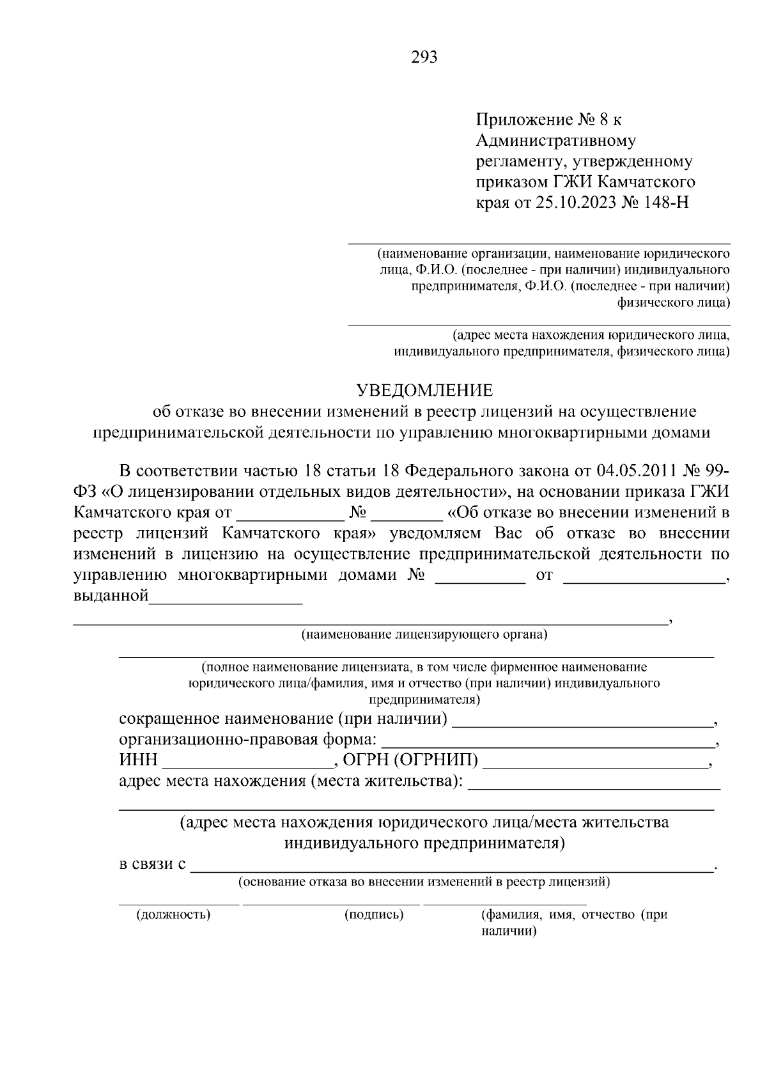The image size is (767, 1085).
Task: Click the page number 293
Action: pos(424,58)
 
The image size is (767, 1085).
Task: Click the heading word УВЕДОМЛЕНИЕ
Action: pos(424,390)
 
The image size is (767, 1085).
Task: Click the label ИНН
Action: pos(138,761)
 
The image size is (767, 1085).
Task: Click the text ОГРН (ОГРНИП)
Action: pos(410,761)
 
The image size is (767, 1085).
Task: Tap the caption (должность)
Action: pos(173,914)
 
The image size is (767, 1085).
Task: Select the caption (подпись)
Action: pos(374,914)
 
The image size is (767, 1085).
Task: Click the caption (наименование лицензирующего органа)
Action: pos(424,635)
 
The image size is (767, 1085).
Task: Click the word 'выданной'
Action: pos(111,597)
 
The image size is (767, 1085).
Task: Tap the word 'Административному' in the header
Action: pos(556,140)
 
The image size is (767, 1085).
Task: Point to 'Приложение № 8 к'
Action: pos(549,120)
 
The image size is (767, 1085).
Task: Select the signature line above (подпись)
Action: pos(331,904)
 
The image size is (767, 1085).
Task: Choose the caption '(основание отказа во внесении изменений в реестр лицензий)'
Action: pos(424,883)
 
